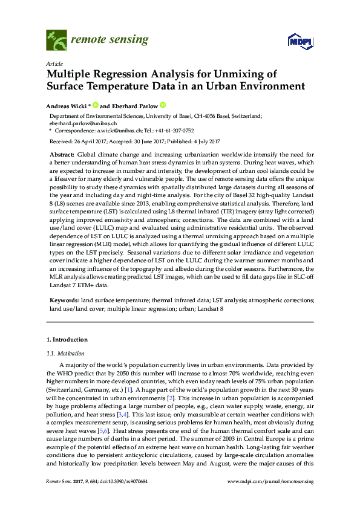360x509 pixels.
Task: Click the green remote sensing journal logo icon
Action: point(56,41)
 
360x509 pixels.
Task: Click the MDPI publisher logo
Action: point(299,42)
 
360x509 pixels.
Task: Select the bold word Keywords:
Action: point(63,299)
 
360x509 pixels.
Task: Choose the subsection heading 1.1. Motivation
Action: point(65,353)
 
